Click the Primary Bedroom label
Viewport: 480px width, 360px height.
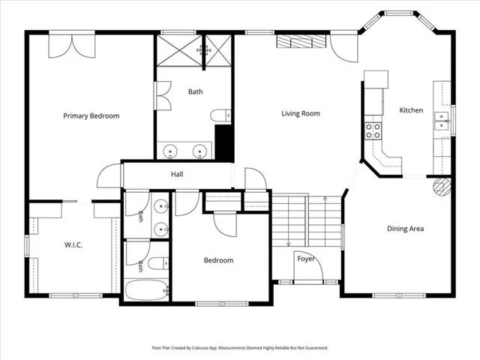coord(91,116)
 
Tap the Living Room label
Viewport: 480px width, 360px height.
coord(301,113)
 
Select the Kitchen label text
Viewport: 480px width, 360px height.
coord(411,110)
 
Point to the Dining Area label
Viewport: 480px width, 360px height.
coord(405,229)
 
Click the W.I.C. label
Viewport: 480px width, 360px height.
coord(73,245)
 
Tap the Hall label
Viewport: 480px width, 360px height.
coord(177,175)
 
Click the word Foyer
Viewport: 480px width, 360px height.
coord(306,259)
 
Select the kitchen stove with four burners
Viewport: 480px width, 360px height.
coord(373,131)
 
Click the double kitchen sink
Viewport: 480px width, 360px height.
coord(442,121)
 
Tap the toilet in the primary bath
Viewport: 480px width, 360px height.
coord(220,115)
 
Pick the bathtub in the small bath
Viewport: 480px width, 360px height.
coord(147,289)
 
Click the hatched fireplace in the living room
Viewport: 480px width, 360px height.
coord(301,41)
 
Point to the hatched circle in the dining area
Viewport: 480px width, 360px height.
coord(442,187)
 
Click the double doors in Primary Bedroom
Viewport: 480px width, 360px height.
coord(72,46)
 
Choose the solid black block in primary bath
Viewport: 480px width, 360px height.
coord(224,142)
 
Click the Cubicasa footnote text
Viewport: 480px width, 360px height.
coord(240,348)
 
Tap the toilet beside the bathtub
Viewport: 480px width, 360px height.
coord(158,263)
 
